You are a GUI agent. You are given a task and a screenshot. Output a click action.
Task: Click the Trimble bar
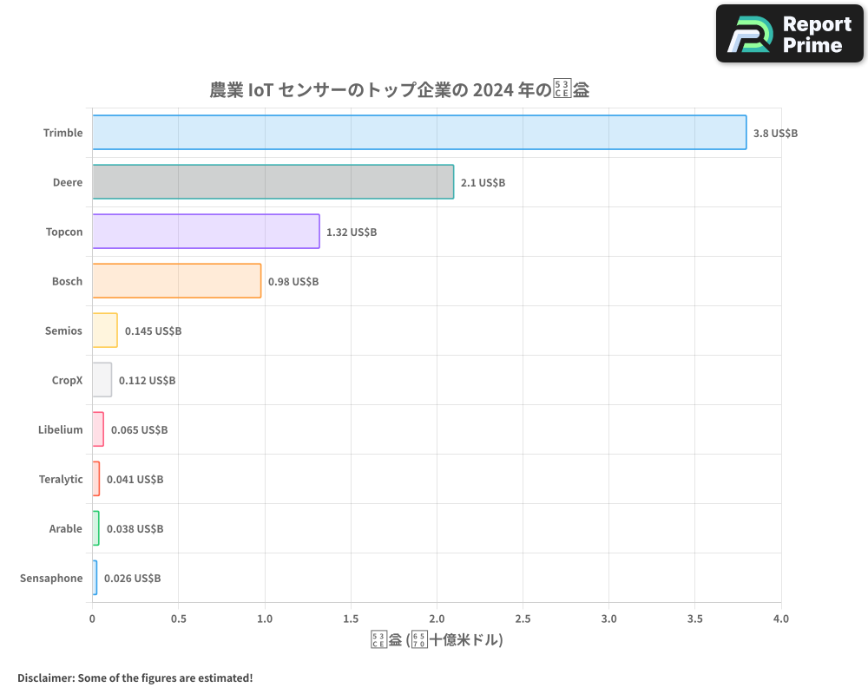point(419,133)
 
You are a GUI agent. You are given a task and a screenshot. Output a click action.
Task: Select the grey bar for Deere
point(273,182)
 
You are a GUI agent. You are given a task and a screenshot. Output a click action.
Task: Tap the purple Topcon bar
point(206,232)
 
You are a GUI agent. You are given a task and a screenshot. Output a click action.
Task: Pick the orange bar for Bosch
point(176,281)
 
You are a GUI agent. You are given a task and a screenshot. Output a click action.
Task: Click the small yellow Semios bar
point(105,331)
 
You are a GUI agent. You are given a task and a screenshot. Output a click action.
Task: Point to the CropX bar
point(102,380)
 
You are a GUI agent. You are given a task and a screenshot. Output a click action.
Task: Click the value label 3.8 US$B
point(775,134)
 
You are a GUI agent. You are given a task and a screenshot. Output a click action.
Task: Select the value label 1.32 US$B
point(352,232)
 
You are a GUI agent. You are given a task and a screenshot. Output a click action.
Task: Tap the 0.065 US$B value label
point(139,430)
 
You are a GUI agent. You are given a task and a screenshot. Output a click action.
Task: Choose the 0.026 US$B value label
point(132,579)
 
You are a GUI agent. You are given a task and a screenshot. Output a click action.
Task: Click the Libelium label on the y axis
point(61,430)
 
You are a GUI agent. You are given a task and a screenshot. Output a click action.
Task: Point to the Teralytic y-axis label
point(61,480)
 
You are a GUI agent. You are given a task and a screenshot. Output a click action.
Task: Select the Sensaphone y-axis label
point(51,579)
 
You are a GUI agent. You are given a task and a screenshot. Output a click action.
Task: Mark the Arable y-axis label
point(66,529)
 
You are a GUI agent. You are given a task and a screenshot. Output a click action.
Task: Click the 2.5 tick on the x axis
point(523,619)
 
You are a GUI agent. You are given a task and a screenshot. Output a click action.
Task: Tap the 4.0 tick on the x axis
point(781,619)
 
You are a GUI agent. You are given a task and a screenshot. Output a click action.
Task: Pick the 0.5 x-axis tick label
point(179,619)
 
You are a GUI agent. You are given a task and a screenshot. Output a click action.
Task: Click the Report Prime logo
point(789,34)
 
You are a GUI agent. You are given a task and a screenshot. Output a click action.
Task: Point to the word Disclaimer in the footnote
point(45,678)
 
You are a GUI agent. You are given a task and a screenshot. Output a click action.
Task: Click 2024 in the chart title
point(490,90)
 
